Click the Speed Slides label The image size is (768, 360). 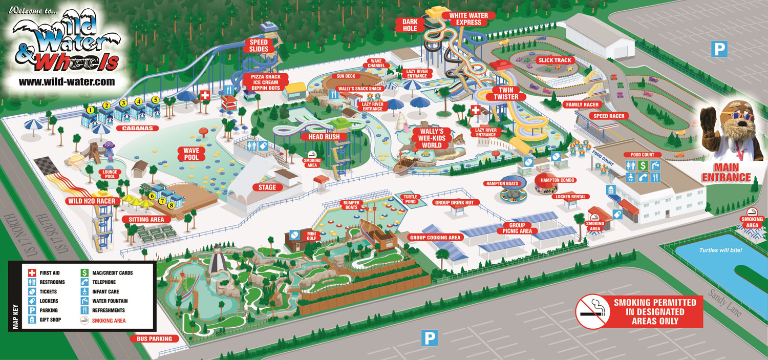tap(259, 45)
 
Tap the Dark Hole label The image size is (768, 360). tap(410, 25)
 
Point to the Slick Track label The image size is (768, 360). tap(554, 60)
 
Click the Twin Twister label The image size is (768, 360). tap(505, 93)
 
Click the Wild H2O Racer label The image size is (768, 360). tap(92, 201)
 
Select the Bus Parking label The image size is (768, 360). tap(154, 338)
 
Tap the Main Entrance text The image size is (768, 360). tap(726, 173)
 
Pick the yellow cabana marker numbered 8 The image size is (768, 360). tap(172, 205)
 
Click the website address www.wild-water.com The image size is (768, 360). tap(67, 81)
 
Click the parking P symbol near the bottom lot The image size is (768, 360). tap(429, 337)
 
